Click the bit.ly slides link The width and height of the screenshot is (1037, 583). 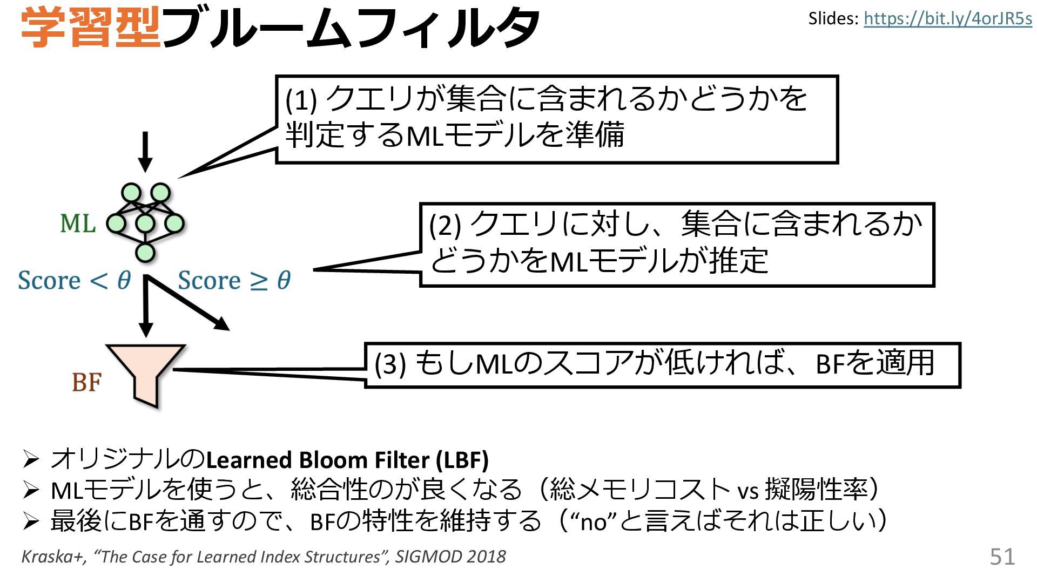point(947,19)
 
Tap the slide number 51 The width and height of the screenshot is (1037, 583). point(1002,557)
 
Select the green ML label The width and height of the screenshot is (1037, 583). point(78,223)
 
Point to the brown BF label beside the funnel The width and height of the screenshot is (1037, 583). point(86,382)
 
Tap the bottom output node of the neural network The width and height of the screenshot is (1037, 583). point(145,252)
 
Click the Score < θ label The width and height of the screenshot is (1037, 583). point(74,280)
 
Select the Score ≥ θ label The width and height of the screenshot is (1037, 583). point(234,280)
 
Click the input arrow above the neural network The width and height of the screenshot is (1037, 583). point(145,151)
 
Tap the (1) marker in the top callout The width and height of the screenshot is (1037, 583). point(301,100)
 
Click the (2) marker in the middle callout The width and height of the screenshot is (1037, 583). point(445,225)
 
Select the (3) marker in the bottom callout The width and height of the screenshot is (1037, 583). point(390,364)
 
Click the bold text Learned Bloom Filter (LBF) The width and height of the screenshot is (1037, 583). point(347,460)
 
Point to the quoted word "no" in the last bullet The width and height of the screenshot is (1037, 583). point(597,522)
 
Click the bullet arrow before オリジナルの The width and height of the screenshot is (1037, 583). point(31,460)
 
